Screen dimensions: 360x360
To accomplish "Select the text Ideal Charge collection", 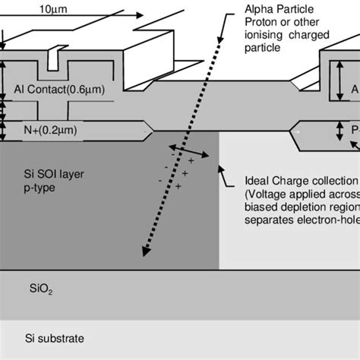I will click(301, 181).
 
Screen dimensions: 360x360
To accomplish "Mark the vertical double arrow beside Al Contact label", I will click(7, 89).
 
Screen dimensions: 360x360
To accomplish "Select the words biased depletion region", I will click(301, 207).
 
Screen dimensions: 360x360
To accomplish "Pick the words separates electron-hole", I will click(301, 220).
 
